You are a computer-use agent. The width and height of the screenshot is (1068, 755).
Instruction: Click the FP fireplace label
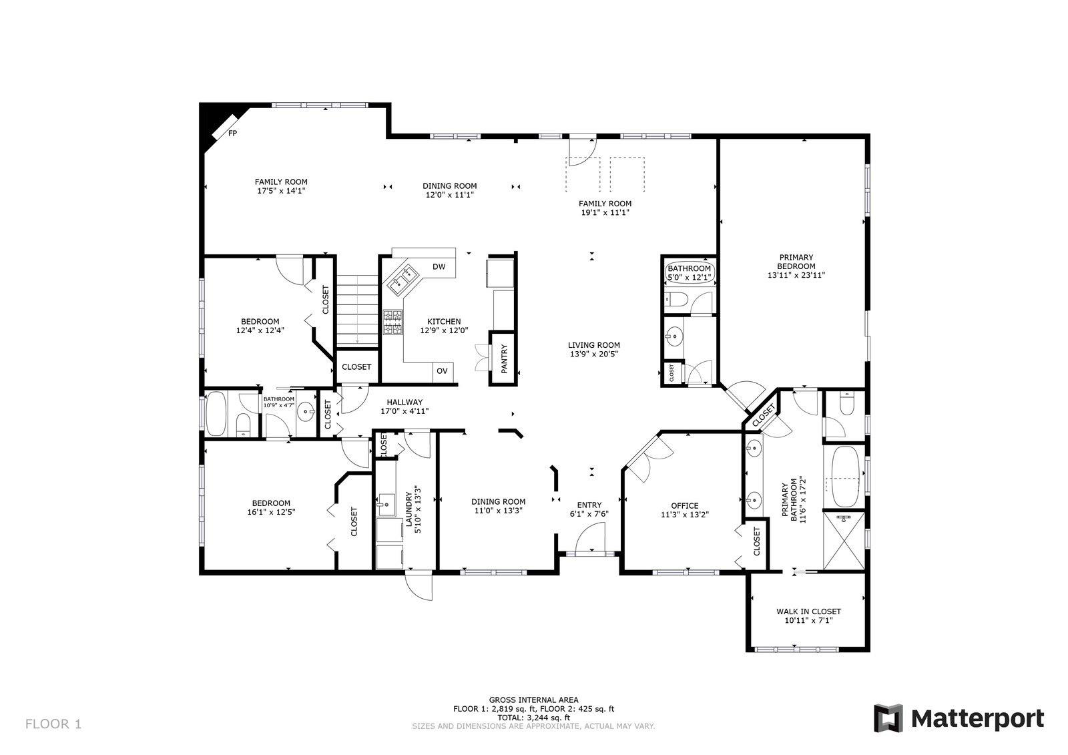(x=233, y=134)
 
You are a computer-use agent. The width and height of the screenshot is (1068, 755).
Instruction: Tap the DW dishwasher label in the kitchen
(x=439, y=267)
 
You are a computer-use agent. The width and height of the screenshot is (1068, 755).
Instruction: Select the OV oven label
(x=442, y=371)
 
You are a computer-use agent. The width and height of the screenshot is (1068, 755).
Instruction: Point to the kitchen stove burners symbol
(x=392, y=322)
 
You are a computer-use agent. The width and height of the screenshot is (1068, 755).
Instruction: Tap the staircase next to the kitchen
(x=356, y=310)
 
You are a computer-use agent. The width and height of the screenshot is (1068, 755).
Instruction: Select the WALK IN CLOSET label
(x=808, y=611)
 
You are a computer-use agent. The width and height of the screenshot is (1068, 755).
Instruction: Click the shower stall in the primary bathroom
(x=844, y=541)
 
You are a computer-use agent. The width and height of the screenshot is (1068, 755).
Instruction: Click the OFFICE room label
(x=684, y=505)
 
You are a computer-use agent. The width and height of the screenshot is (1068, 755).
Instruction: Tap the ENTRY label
(x=589, y=505)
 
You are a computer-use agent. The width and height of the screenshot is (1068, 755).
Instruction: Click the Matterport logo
(x=959, y=719)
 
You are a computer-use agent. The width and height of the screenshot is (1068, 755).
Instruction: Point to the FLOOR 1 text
(x=53, y=724)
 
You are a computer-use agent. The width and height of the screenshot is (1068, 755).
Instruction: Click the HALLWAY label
(x=405, y=402)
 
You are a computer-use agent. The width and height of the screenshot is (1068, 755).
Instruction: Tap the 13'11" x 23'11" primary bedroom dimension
(x=796, y=274)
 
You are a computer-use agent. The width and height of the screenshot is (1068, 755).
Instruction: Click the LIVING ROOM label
(x=593, y=345)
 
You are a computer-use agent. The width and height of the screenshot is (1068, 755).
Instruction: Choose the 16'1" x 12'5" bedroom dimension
(x=271, y=512)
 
